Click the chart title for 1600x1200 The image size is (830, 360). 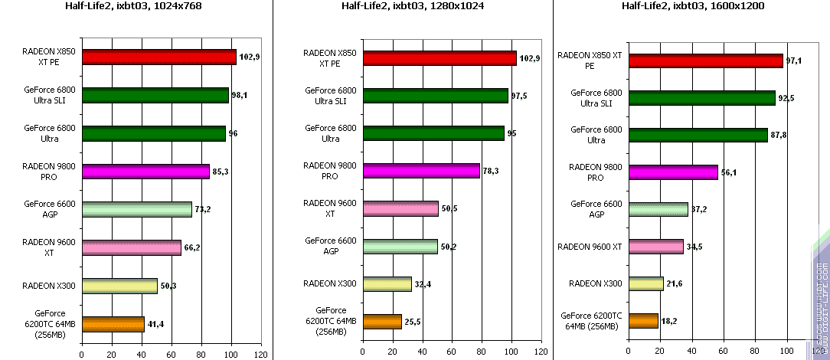tap(689, 7)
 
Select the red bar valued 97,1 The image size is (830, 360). tap(704, 61)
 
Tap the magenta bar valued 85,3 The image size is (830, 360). tap(145, 172)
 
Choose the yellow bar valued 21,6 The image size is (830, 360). tap(645, 284)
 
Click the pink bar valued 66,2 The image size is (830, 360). tap(131, 247)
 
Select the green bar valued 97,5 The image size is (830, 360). tap(435, 96)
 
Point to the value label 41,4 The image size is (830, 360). tap(155, 325)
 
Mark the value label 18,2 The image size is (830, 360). tap(668, 322)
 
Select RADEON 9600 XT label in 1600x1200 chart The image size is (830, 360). tap(590, 247)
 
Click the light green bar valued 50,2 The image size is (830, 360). tap(400, 246)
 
